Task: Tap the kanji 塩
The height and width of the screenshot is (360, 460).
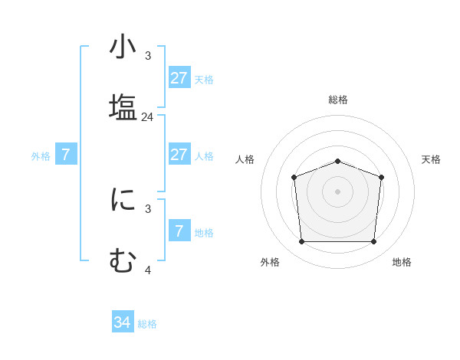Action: pos(123,106)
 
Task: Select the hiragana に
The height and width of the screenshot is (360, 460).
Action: pos(123,200)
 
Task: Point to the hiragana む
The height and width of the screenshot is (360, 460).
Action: pos(123,260)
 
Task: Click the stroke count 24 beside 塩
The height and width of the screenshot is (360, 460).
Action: pos(148,117)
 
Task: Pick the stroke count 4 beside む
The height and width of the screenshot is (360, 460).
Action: pos(148,270)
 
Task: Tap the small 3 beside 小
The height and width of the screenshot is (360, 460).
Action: pos(148,56)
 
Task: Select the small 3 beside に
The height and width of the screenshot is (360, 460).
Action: pos(148,208)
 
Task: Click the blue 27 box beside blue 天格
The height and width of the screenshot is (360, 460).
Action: pos(179,78)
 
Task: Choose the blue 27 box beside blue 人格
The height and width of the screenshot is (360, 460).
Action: pos(179,155)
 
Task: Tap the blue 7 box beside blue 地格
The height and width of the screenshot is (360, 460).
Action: pos(179,231)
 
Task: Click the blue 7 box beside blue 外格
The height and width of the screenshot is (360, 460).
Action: pos(66,155)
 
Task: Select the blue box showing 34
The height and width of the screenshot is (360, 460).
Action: pos(122,322)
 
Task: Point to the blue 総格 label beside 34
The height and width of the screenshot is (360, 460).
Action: pos(147,324)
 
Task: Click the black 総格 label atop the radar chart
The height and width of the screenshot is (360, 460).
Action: pos(338,100)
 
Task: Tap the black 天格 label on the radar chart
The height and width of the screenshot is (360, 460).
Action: pos(432,159)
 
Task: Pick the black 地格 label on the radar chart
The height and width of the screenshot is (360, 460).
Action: pos(402,262)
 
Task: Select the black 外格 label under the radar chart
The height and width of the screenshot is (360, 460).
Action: pos(270,262)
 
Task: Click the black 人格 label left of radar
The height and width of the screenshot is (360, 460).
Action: pos(245,159)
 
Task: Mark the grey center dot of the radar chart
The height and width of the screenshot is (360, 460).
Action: pos(338,191)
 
